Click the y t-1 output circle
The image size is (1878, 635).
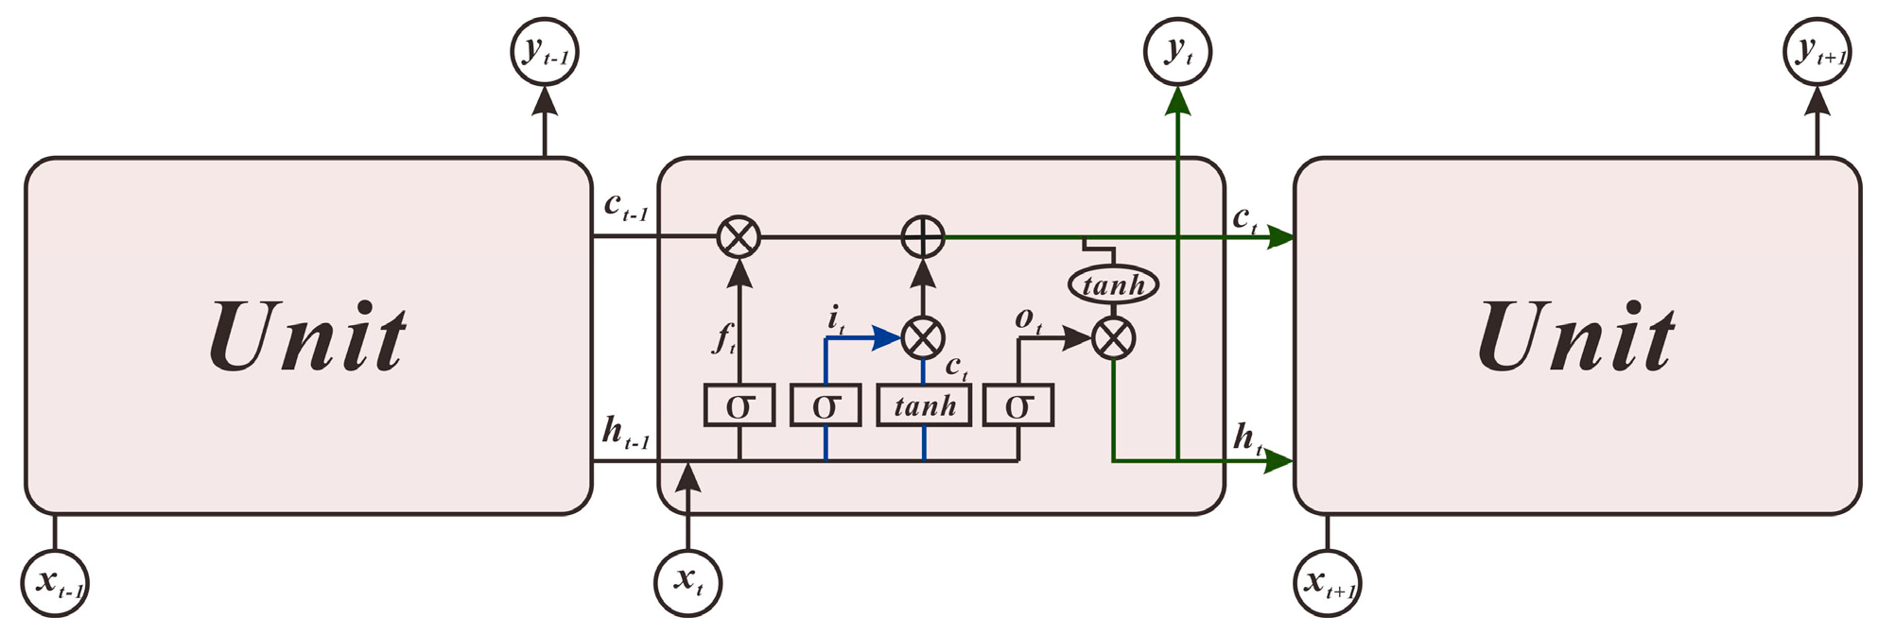[545, 51]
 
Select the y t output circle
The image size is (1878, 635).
[1177, 51]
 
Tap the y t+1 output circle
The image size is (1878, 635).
[1817, 51]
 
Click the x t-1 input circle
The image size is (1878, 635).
[55, 582]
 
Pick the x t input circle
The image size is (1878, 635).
[688, 582]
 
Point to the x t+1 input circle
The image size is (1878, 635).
[1327, 582]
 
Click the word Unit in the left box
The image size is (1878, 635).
[307, 337]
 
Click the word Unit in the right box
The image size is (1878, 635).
[1576, 337]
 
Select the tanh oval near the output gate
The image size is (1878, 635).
[1113, 284]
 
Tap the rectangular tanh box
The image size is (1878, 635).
[924, 406]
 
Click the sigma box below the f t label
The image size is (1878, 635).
[739, 406]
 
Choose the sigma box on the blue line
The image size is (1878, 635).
[826, 406]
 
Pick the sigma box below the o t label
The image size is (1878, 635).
[1018, 406]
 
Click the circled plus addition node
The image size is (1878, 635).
[923, 236]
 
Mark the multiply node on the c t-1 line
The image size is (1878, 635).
[739, 236]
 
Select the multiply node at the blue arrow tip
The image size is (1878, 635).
[923, 337]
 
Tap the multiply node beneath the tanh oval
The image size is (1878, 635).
[1113, 338]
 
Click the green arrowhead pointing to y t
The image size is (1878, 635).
[1177, 100]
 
